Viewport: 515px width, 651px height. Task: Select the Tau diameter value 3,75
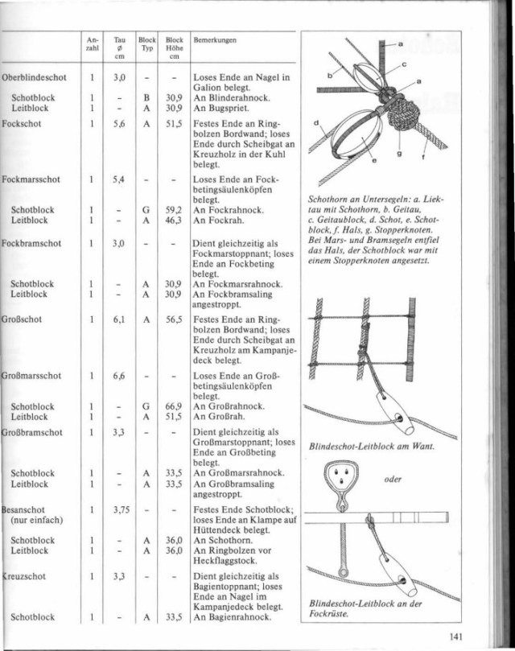click(x=120, y=509)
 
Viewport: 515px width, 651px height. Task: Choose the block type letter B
click(x=146, y=97)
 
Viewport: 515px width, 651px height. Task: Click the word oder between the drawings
click(x=393, y=480)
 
